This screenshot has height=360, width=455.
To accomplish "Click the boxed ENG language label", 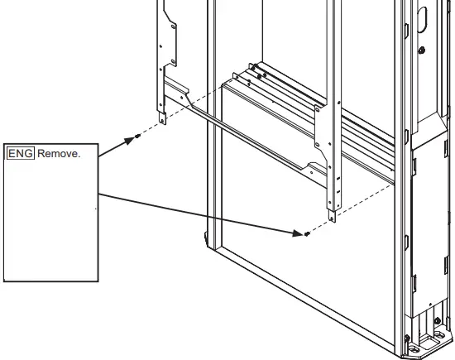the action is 21,153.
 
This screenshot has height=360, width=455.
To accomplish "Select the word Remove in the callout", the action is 58,154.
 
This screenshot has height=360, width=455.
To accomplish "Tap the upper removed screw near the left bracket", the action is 138,136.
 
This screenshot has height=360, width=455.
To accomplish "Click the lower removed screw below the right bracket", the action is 307,233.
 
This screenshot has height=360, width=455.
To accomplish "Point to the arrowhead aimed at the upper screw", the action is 129,141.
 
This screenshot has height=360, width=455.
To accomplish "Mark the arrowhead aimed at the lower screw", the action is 298,233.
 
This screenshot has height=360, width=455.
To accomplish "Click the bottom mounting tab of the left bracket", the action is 163,118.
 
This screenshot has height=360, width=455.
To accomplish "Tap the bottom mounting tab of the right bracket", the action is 332,216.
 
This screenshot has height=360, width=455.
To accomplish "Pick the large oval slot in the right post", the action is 422,20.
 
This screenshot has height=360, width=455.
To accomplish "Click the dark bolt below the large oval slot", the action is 422,50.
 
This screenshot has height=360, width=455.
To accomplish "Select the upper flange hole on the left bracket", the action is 173,26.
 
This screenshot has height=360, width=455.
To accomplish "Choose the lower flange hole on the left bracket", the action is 173,61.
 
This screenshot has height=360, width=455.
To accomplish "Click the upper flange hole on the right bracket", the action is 317,110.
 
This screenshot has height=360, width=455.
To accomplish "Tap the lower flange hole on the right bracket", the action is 317,145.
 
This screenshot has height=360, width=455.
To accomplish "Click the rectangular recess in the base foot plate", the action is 428,342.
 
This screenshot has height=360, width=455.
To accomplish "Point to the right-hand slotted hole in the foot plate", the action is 439,335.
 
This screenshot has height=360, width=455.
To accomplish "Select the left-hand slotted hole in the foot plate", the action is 414,348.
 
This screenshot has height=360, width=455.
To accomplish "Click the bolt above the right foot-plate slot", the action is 438,321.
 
